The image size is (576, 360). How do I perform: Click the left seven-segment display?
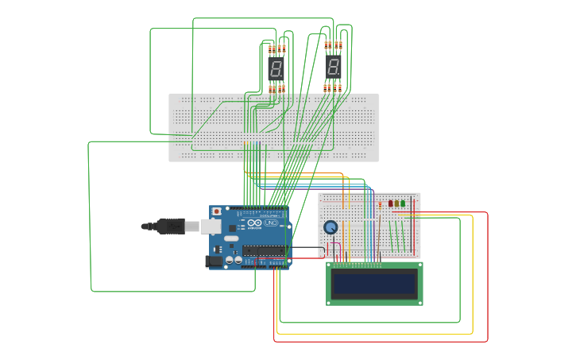point(276,68)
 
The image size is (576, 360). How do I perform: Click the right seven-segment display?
point(334,68)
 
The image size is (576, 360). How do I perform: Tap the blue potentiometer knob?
point(331,227)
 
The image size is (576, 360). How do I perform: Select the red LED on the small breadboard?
point(391,203)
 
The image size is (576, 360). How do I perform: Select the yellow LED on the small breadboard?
point(397,203)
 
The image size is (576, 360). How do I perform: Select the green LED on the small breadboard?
point(403,203)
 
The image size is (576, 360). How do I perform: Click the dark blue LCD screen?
point(374,284)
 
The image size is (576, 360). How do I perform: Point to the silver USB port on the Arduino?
point(211,226)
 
